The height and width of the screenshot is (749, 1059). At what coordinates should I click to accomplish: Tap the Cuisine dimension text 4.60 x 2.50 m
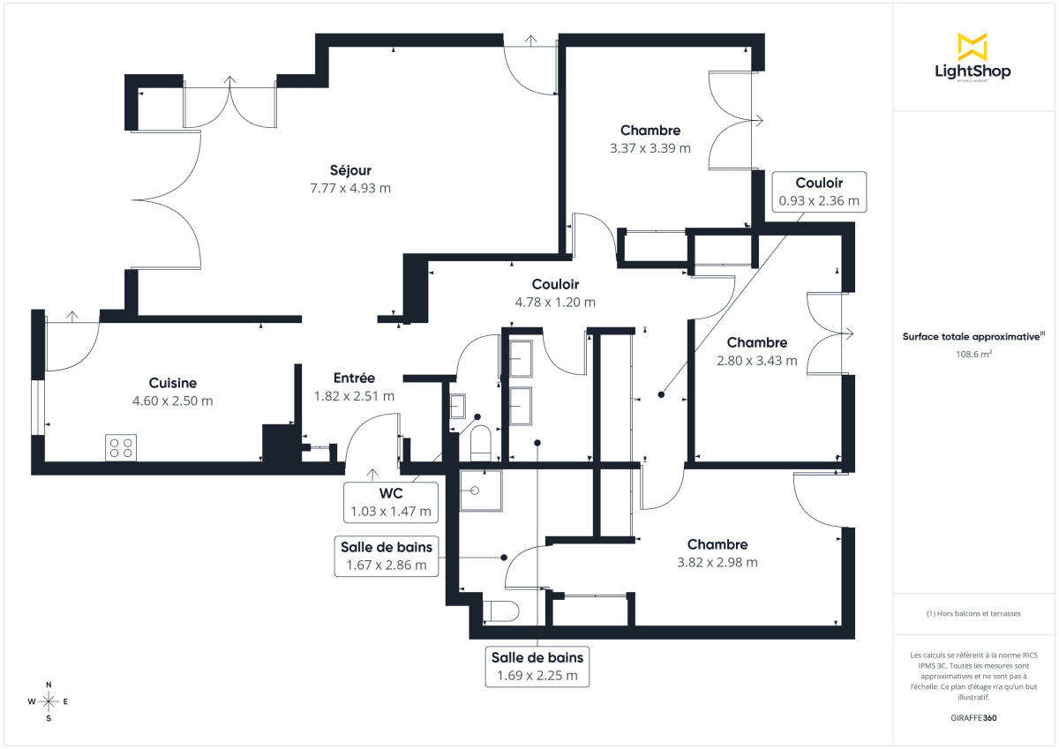click(172, 401)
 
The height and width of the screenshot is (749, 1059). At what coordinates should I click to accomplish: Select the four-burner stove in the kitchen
click(121, 447)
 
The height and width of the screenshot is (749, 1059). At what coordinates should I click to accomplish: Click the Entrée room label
click(354, 378)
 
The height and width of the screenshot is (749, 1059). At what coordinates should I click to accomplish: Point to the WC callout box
click(391, 502)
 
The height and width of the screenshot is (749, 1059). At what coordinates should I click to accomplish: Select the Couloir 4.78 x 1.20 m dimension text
click(555, 302)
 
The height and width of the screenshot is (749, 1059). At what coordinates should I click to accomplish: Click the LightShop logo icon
click(972, 47)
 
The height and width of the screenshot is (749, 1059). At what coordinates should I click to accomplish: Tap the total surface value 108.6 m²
click(973, 354)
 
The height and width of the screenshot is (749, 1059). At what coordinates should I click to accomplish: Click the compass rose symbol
click(49, 701)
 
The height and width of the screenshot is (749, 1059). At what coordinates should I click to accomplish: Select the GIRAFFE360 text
click(973, 718)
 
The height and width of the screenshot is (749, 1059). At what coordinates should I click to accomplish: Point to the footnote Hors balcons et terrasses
click(973, 613)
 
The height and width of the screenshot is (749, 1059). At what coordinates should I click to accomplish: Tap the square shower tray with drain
click(480, 490)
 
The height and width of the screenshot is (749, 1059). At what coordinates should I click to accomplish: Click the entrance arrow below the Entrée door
click(372, 476)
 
